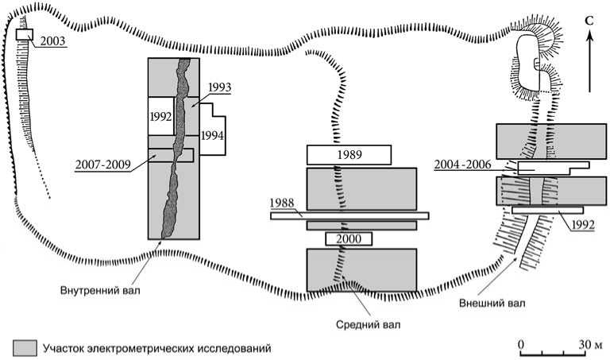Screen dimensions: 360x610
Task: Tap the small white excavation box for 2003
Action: point(24,36)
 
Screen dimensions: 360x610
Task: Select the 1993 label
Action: point(218,87)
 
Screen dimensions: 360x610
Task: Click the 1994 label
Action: point(211,135)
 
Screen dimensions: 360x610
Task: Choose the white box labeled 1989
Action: point(349,153)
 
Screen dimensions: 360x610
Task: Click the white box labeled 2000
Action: point(349,238)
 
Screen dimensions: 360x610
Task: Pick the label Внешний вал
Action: point(492,302)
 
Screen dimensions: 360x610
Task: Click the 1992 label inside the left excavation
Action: point(160,116)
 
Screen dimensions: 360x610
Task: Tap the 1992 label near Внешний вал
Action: point(582,225)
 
